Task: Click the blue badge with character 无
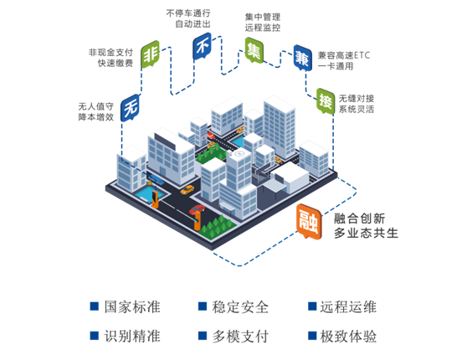tap(131, 108)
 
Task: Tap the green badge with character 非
tap(150, 54)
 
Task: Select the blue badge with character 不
tap(203, 46)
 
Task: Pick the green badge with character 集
tap(254, 50)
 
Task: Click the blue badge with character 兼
tap(302, 58)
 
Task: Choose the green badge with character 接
tap(326, 101)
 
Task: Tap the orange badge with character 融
tap(309, 222)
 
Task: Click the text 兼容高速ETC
tap(344, 55)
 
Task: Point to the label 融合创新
tap(360, 219)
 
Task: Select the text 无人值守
tap(96, 106)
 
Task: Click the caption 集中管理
tap(263, 17)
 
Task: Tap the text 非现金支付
tap(110, 53)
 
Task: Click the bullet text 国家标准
tap(132, 307)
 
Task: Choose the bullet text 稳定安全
tap(240, 307)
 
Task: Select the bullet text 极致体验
tap(348, 337)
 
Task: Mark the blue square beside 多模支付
tap(203, 336)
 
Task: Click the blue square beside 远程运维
tap(312, 306)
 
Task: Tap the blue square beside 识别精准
tap(95, 336)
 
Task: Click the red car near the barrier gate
tap(197, 209)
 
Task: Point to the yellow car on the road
tap(187, 189)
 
